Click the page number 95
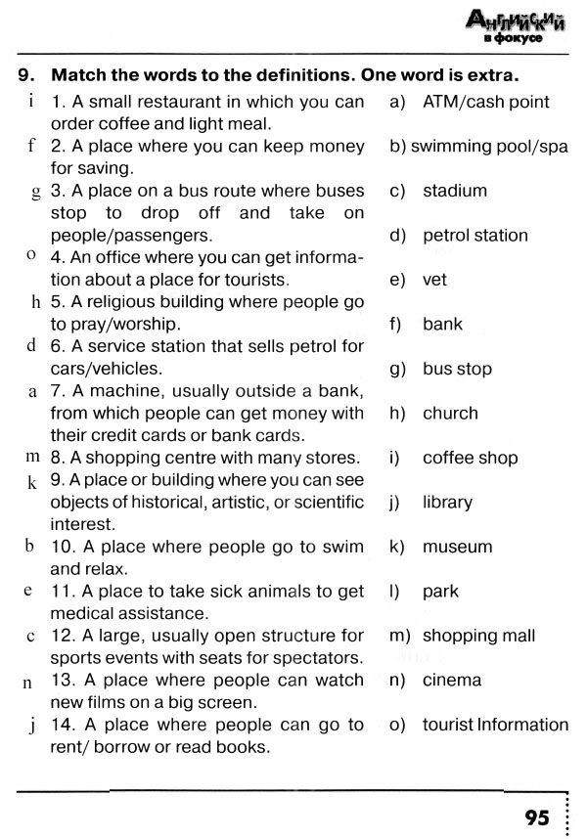pos(537,817)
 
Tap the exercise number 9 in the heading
pos(25,75)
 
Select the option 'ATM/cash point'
pos(485,102)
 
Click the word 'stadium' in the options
pos(454,191)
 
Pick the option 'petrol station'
pos(474,236)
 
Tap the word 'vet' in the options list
pos(434,280)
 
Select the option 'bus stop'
pos(457,369)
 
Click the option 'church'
pos(450,414)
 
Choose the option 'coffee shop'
pos(470,458)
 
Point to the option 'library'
pos(447,503)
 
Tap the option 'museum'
pos(457,547)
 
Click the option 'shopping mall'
pos(478,636)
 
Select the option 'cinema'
pos(452,681)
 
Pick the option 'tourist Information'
pos(495,725)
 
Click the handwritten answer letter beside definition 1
pos(32,101)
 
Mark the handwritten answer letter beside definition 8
pos(31,457)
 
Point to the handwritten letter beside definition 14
pos(32,726)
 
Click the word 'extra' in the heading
pos(490,75)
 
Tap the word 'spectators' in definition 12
pos(321,658)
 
